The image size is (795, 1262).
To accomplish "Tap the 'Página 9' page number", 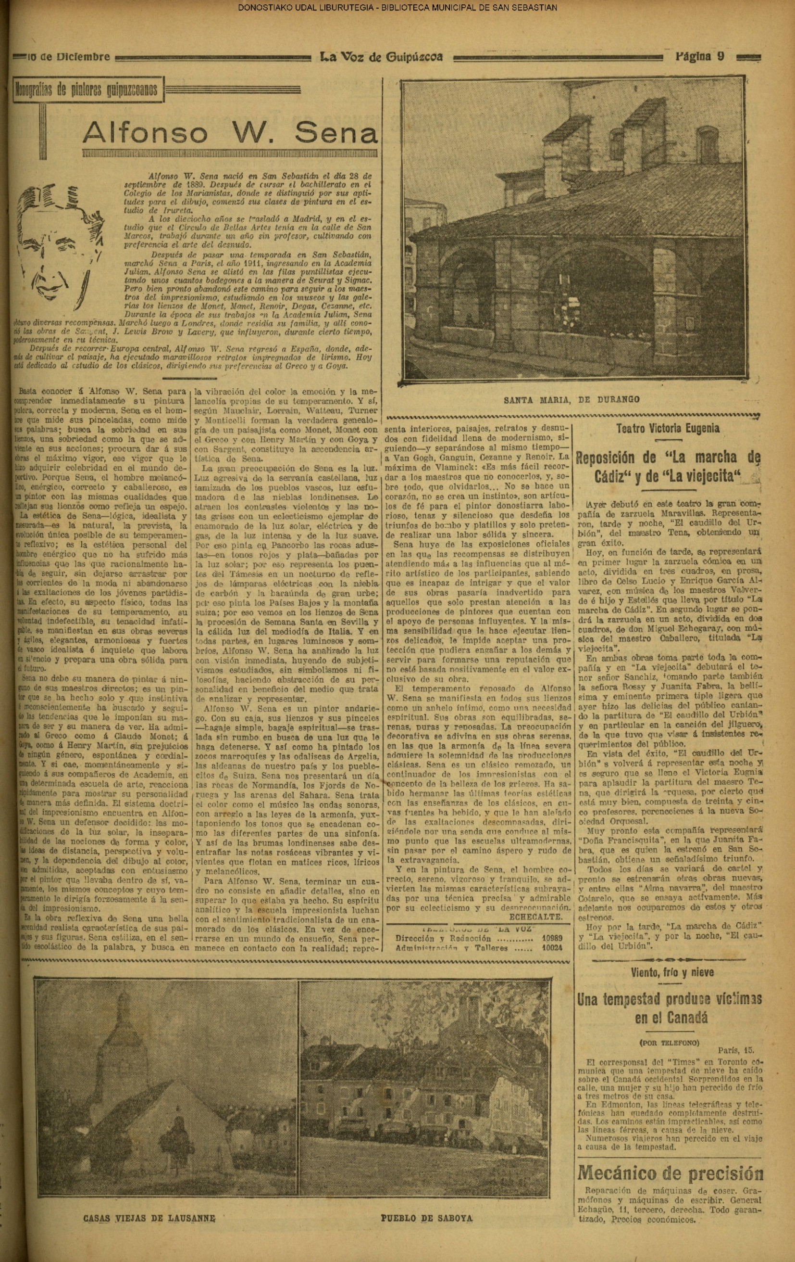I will pyautogui.click(x=699, y=57).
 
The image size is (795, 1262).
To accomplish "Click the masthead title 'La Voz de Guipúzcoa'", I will pyautogui.click(x=381, y=57).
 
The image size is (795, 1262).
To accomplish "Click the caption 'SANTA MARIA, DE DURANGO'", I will pyautogui.click(x=572, y=399).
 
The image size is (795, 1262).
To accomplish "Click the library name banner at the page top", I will pyautogui.click(x=397, y=7).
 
